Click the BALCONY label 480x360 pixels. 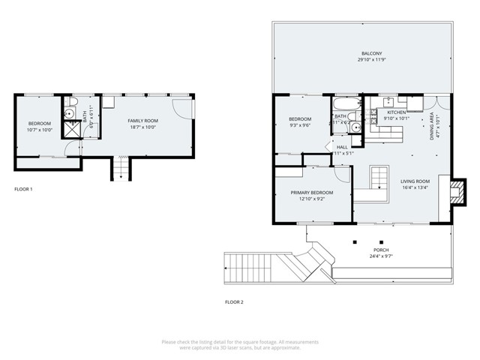coord(371,54)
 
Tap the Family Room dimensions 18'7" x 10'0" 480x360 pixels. coord(142,127)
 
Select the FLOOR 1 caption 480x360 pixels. coord(23,189)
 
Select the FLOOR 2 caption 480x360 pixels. coord(234,302)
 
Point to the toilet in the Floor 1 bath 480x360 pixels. coord(68,103)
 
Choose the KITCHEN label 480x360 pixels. coord(396,112)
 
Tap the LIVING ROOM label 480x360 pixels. coord(414,181)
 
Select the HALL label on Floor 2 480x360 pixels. coord(342,146)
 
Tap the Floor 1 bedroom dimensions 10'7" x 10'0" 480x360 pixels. coord(40,130)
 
